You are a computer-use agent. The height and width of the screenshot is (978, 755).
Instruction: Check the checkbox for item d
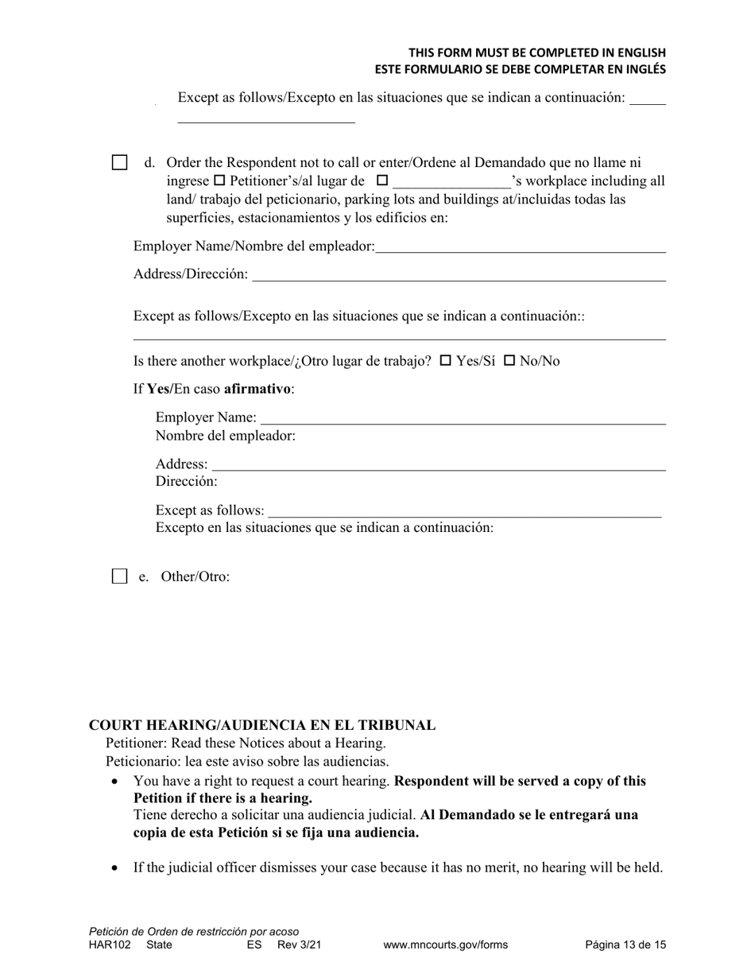(119, 163)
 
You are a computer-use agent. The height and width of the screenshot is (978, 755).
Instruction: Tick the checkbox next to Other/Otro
(119, 576)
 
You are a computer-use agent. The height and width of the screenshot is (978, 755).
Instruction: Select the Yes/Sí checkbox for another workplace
(446, 360)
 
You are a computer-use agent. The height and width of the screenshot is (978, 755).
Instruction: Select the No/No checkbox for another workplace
(509, 360)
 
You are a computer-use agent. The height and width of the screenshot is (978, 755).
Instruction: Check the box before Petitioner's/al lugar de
(220, 180)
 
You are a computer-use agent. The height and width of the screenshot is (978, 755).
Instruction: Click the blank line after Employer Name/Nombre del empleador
(521, 248)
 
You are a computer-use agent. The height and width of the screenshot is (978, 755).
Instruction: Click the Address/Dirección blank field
(459, 276)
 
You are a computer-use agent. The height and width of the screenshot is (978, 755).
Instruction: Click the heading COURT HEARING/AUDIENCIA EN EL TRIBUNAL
(262, 725)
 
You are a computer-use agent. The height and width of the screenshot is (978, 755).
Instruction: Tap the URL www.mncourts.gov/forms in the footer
(445, 945)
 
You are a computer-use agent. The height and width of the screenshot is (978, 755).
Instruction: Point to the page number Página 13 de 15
(625, 945)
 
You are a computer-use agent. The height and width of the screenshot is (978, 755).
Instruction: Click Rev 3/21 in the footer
(300, 945)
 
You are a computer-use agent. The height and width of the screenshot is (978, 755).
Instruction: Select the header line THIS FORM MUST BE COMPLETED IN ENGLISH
(537, 52)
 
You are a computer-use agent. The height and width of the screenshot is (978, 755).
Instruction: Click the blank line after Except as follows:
(464, 512)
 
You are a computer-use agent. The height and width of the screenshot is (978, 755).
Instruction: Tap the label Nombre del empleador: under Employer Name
(226, 436)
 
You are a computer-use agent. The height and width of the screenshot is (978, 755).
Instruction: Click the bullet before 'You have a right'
(115, 782)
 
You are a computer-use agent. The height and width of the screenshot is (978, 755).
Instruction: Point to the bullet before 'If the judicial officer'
(115, 867)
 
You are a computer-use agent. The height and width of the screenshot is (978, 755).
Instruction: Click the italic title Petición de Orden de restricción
(194, 931)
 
